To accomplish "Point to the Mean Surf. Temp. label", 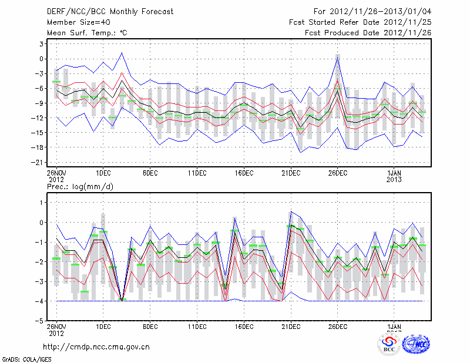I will coord(87,33).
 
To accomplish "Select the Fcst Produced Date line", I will coord(368,33).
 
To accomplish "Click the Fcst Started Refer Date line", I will coord(360,22).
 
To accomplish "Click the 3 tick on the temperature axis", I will coord(41,44).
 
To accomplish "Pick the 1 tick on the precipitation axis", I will coord(41,202).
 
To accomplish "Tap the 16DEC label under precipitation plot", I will coord(244,326).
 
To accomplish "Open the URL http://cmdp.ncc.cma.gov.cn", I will coord(97,347).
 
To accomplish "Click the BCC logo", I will coord(388,345).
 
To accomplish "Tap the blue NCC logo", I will coord(417,345).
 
